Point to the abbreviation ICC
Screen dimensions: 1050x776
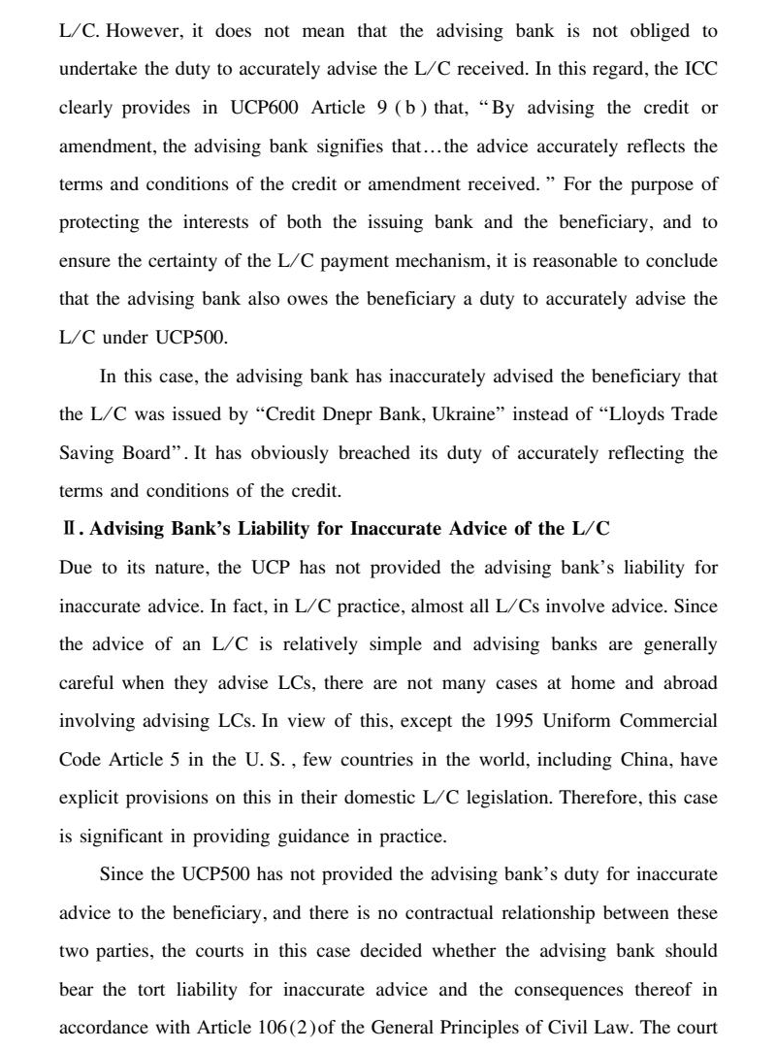pyautogui.click(x=699, y=69)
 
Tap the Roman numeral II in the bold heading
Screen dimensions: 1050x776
pyautogui.click(x=68, y=530)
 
